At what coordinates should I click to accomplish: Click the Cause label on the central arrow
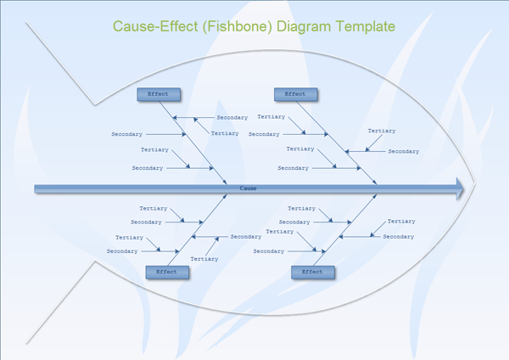248,188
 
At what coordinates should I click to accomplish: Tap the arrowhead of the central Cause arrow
459,188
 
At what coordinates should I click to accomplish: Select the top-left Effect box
158,94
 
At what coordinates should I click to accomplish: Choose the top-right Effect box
295,94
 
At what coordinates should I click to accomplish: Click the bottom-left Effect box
167,272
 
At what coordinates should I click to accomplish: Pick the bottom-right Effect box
312,272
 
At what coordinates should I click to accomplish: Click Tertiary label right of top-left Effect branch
225,133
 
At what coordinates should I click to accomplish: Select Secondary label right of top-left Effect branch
232,117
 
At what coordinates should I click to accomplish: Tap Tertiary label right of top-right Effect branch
382,131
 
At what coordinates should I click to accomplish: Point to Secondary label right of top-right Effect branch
403,151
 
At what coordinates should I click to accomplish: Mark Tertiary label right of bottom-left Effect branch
204,258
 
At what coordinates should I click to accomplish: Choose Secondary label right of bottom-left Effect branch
245,237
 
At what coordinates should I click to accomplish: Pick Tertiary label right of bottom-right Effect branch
401,221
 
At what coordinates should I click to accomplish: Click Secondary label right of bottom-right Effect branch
398,237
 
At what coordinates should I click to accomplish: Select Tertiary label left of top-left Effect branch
154,149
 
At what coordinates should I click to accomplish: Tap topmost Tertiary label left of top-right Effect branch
271,116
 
